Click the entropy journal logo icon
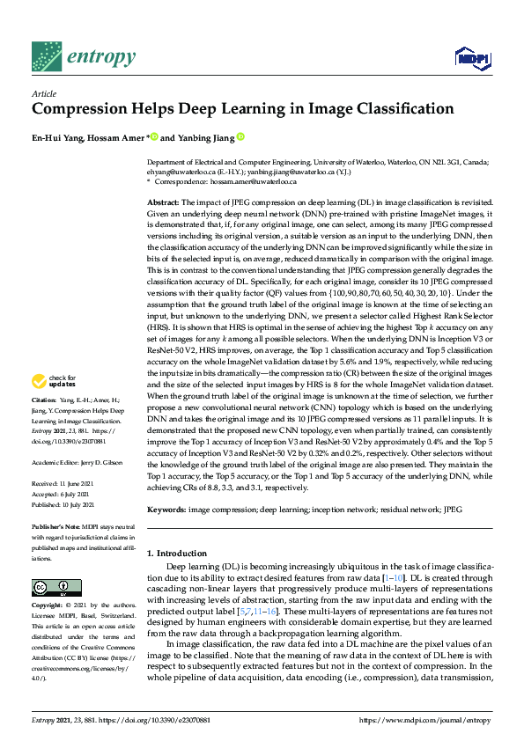tap(46, 58)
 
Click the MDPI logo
tap(471, 59)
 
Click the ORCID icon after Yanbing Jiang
tap(240, 137)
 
